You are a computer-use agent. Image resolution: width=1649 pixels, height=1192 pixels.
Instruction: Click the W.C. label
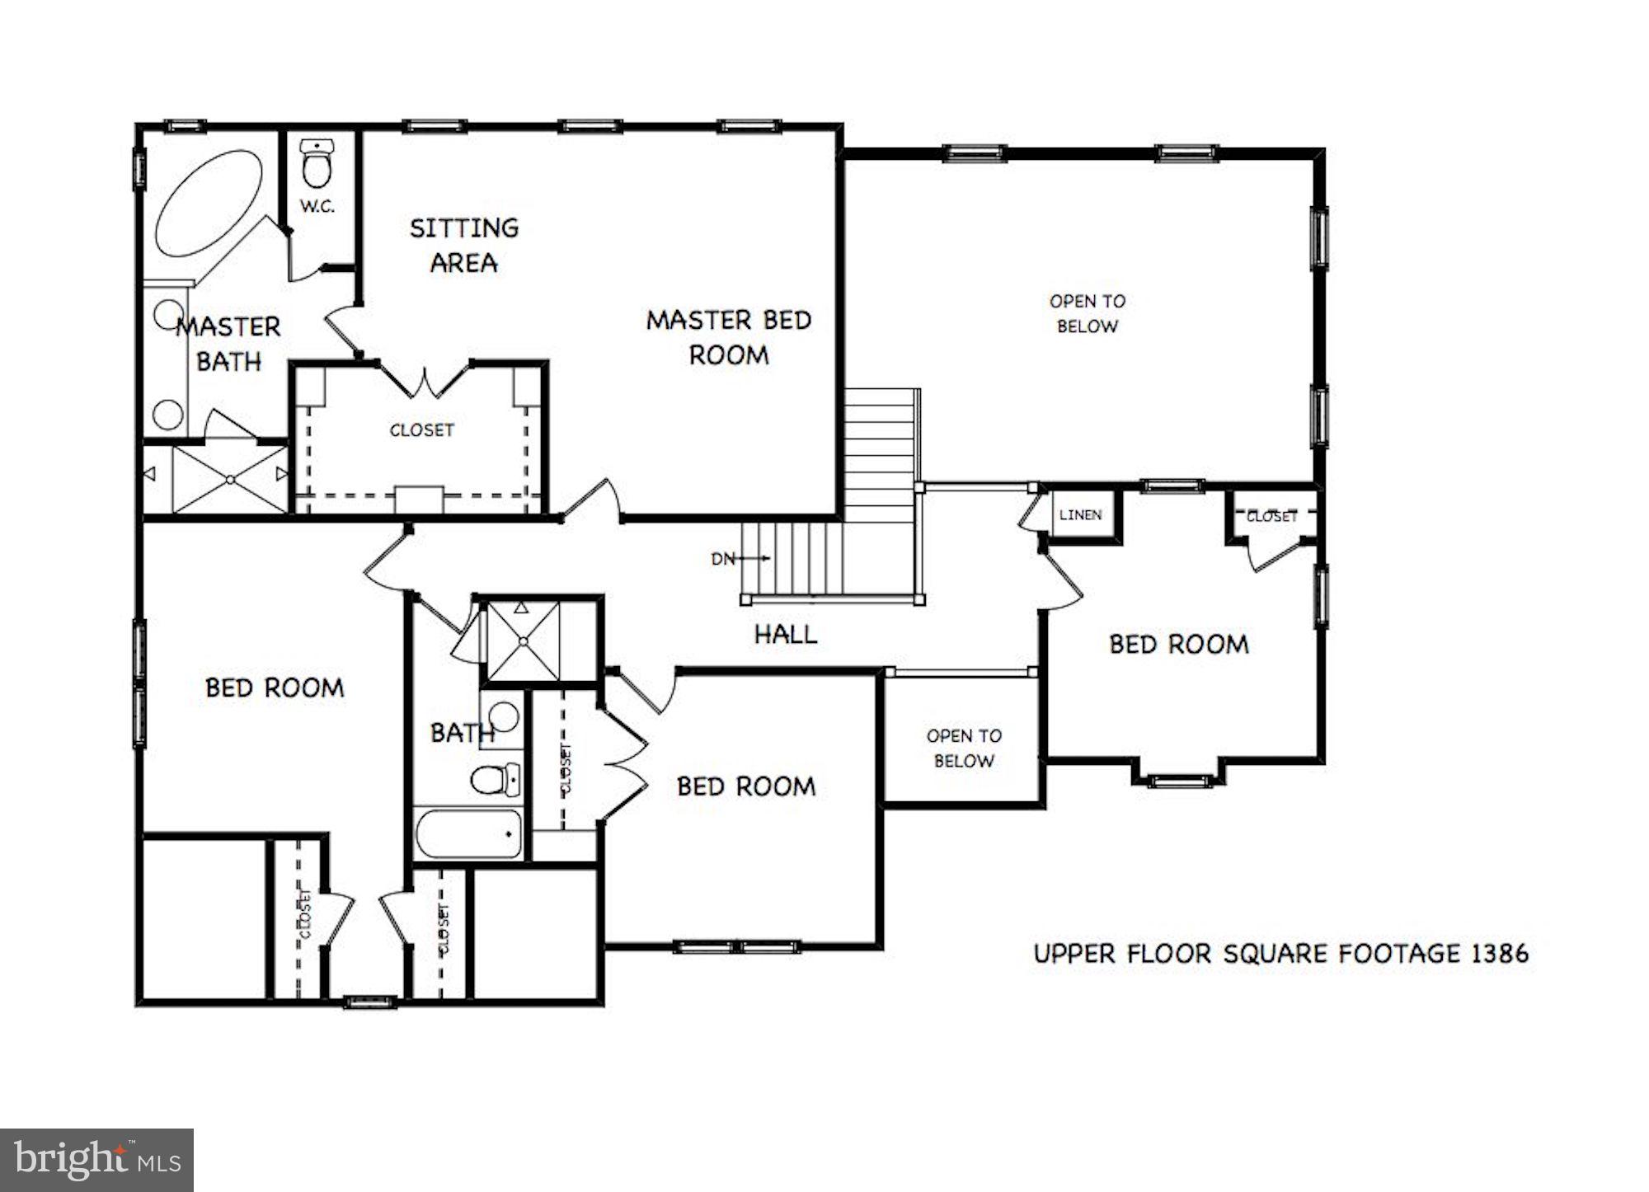(317, 206)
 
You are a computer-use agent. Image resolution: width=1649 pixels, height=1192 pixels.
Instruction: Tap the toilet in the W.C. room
(316, 164)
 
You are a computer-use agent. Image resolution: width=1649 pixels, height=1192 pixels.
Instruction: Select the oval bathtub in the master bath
(209, 203)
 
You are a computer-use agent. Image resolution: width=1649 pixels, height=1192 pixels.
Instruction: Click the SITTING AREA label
(464, 245)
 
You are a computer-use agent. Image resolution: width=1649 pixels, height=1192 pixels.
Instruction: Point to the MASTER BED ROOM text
(729, 337)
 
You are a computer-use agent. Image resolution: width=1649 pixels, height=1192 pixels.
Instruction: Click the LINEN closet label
(1080, 515)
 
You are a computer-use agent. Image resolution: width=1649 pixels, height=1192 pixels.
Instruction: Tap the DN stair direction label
(722, 559)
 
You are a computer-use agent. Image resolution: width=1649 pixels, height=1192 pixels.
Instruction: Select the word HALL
(786, 634)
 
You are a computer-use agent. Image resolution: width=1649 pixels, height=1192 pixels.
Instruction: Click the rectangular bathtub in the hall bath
(468, 835)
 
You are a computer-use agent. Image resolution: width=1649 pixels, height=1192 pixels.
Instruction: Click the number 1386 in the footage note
(1500, 954)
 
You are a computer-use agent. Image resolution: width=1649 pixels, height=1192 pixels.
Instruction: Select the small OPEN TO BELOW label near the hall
(963, 748)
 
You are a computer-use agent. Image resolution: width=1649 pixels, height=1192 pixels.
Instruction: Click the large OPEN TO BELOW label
(1087, 313)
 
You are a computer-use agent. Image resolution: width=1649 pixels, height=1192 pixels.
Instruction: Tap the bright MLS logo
(96, 1160)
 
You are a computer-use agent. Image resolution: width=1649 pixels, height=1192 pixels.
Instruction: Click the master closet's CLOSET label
(421, 430)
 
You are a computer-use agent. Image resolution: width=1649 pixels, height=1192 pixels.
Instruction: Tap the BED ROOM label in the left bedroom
(275, 688)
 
